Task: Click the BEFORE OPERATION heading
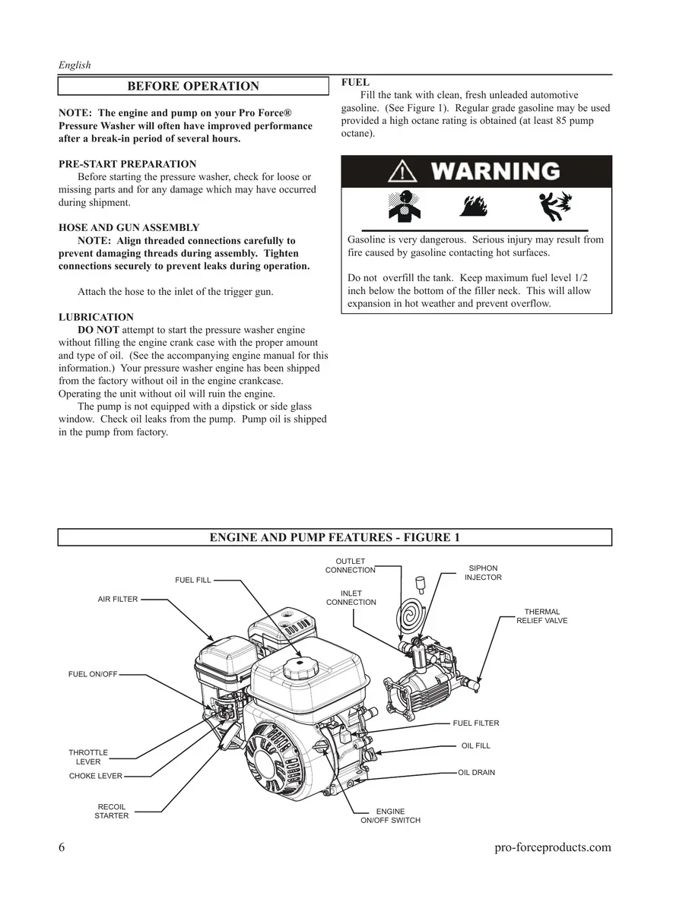(x=193, y=86)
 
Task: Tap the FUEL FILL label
(x=193, y=581)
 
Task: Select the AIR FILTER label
(x=118, y=600)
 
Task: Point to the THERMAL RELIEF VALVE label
(x=541, y=616)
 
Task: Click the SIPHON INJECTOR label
(x=483, y=573)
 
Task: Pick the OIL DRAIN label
(x=476, y=773)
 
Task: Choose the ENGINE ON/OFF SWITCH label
(x=390, y=816)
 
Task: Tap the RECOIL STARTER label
(x=112, y=812)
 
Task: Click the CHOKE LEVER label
(x=96, y=777)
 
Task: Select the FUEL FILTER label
(x=476, y=723)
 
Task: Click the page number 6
(x=62, y=848)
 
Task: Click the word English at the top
(x=75, y=65)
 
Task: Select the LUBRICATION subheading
(x=96, y=318)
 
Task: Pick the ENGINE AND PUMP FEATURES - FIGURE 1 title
(x=335, y=538)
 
